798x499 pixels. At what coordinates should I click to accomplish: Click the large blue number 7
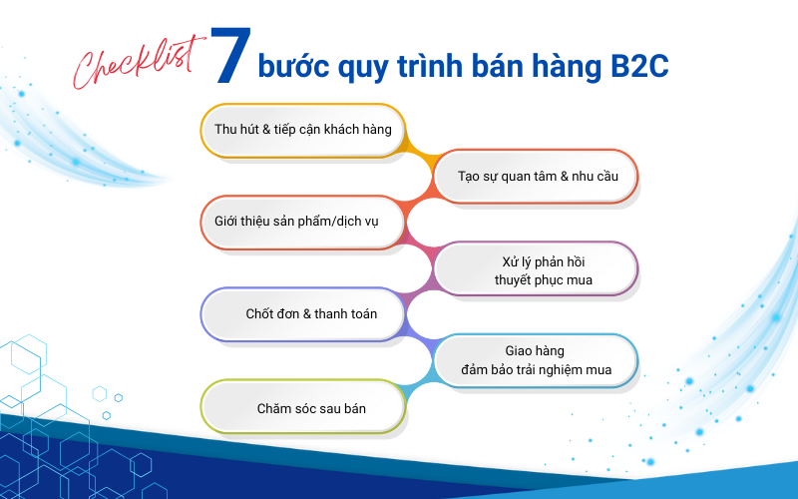[230, 55]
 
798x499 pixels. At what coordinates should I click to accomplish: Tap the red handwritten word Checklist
[139, 62]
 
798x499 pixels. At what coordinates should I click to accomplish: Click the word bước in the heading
[293, 66]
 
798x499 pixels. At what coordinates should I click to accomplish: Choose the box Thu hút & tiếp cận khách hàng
[303, 131]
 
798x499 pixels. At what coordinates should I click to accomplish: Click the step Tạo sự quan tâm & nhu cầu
[536, 177]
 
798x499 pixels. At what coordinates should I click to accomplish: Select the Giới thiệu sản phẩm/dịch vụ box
[303, 223]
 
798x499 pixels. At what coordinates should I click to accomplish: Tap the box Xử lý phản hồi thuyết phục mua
[536, 268]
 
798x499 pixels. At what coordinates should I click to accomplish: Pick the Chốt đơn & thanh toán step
[303, 314]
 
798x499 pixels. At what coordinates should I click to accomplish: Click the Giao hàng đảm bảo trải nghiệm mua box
[536, 360]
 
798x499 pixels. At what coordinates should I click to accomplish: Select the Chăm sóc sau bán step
[303, 407]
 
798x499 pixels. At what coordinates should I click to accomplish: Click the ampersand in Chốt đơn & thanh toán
[307, 314]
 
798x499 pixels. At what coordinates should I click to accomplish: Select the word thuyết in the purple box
[513, 280]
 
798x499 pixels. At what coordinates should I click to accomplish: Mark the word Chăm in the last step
[272, 408]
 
